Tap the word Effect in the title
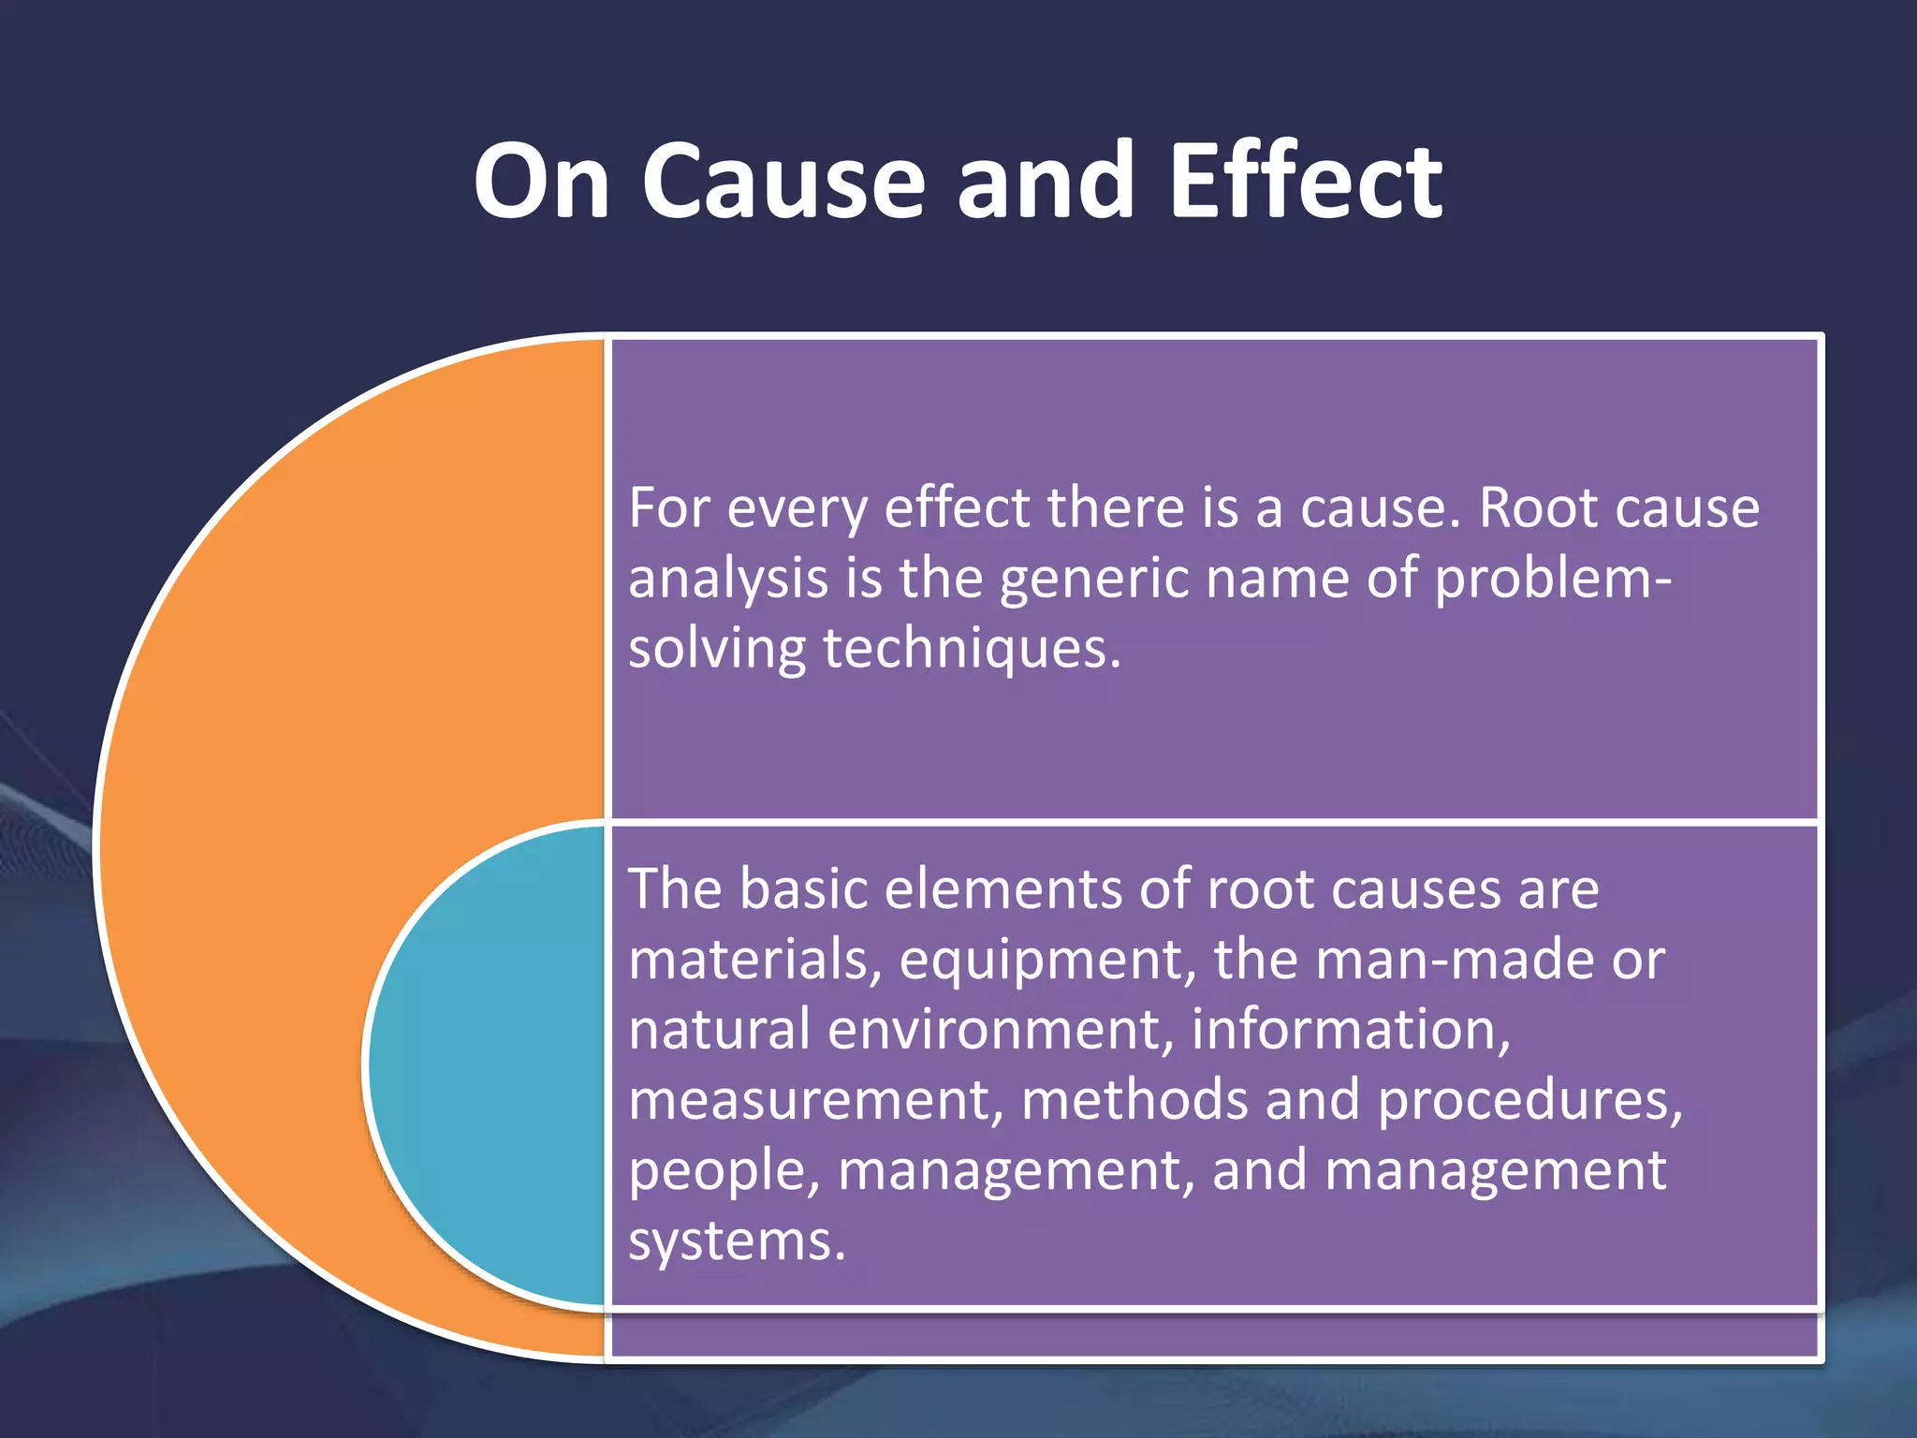pyautogui.click(x=1305, y=181)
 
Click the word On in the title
pyautogui.click(x=542, y=181)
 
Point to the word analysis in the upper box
pyautogui.click(x=727, y=580)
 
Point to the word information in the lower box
pyautogui.click(x=1349, y=1029)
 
